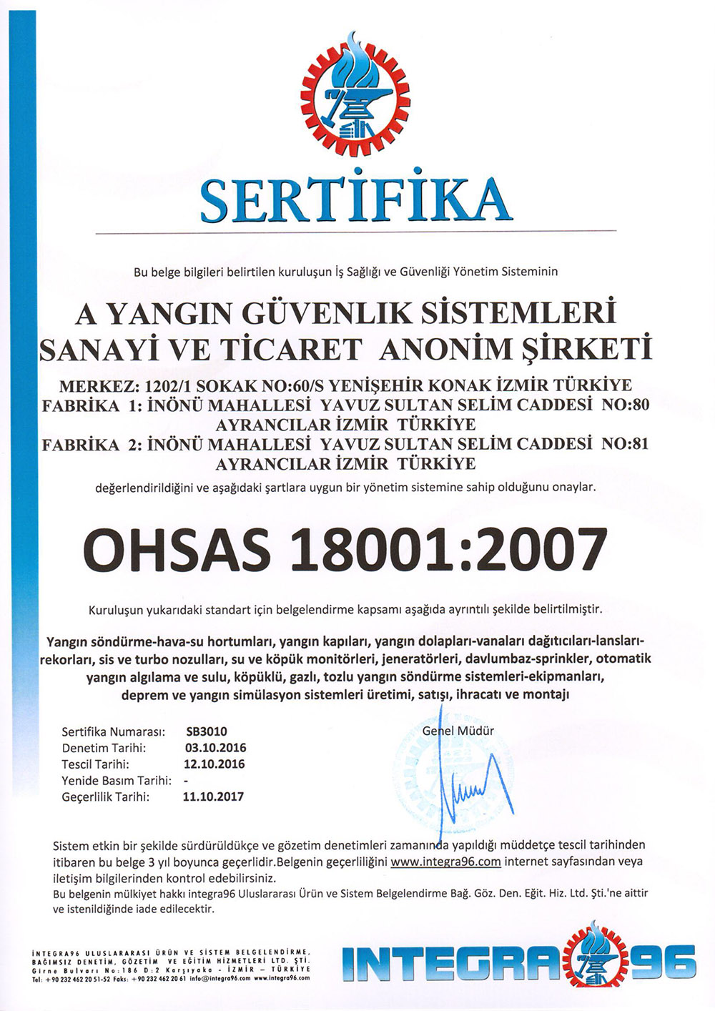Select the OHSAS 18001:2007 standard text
pos(345,549)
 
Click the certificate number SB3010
pos(207,731)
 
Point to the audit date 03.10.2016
pos(215,748)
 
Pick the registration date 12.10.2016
pos(214,764)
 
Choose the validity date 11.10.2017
pos(213,797)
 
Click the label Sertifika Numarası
pos(113,731)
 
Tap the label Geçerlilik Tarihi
pos(105,797)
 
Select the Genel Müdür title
pos(458,731)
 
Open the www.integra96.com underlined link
pos(445,862)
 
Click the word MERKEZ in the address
pos(97,387)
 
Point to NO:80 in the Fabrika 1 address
pos(626,405)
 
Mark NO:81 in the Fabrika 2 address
pos(626,444)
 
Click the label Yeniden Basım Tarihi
pos(116,780)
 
